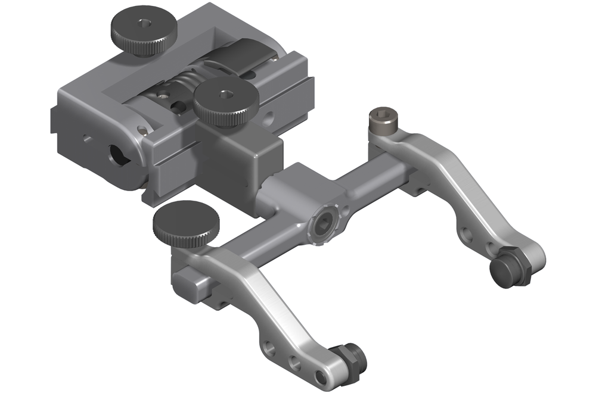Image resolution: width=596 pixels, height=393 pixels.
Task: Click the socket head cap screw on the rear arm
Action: point(380,122)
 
